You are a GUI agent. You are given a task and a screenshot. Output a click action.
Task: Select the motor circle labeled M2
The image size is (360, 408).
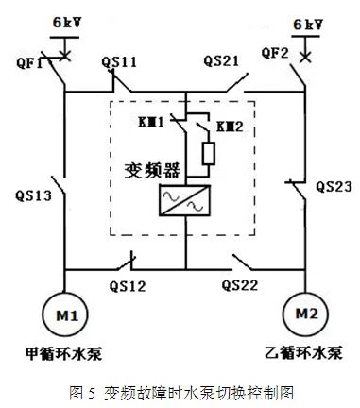click(304, 314)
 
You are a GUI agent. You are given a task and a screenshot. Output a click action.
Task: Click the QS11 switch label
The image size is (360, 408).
click(119, 62)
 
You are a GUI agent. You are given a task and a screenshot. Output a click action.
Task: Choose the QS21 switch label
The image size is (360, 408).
click(223, 61)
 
